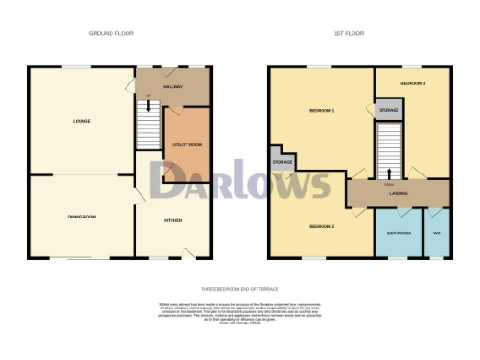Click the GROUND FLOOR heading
coord(111,33)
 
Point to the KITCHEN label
coord(172,221)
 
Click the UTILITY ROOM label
coord(187,144)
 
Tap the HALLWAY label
coord(172,87)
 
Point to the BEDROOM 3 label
coord(412,84)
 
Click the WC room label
coord(436,232)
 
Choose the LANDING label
coord(397,194)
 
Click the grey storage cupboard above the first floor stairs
coord(389,111)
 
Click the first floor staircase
coord(389,150)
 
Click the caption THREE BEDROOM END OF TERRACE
coord(240,289)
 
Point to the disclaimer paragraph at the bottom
coord(240,313)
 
